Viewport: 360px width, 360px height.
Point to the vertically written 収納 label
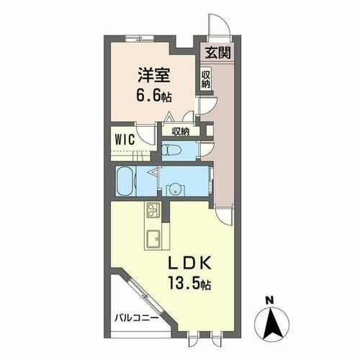point(206,77)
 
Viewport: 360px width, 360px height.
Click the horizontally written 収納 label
point(180,131)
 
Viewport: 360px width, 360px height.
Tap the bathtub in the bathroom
point(130,180)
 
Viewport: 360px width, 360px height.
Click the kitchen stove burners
point(153,211)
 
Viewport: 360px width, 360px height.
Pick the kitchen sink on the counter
point(153,238)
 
